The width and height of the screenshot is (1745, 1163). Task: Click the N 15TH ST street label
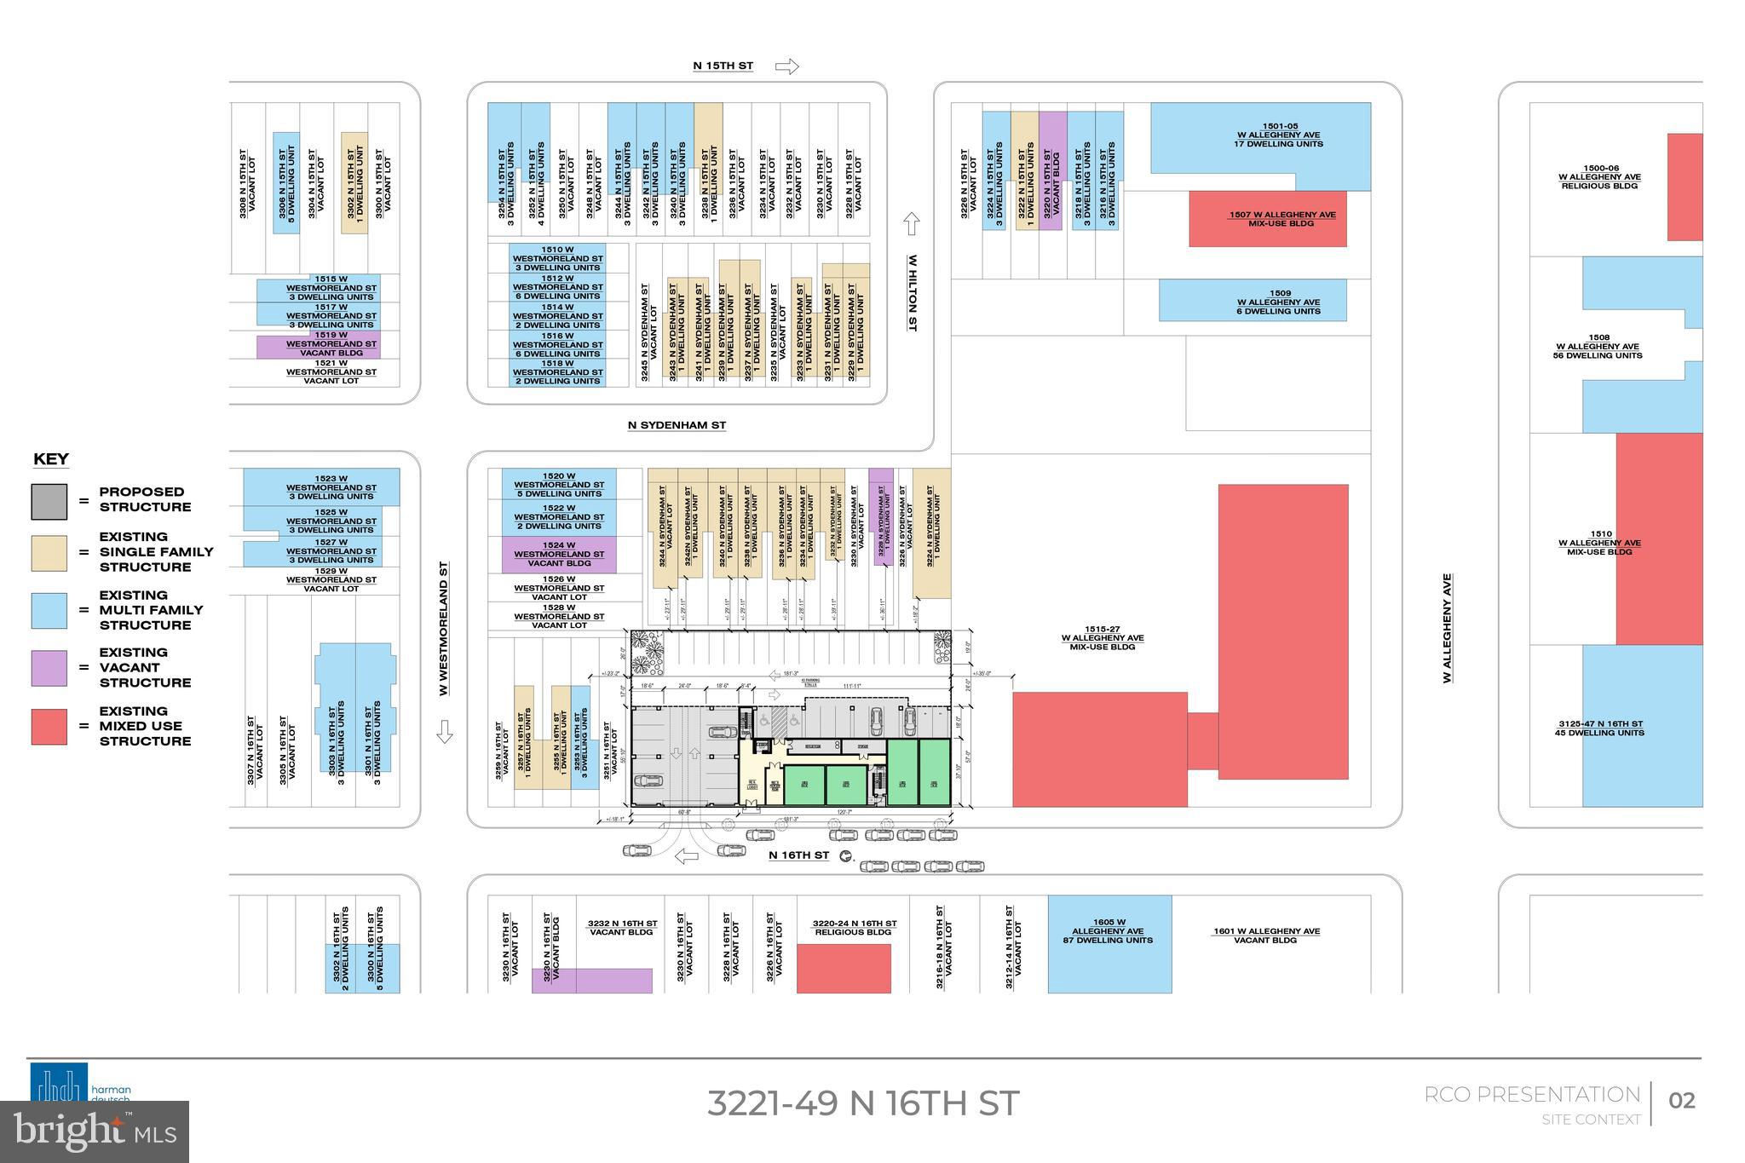(723, 66)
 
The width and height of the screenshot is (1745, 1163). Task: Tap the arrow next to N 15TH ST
(787, 66)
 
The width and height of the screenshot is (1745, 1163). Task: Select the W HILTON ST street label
(912, 292)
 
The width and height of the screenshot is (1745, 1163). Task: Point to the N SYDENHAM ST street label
(677, 425)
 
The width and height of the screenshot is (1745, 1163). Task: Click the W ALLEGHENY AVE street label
(1447, 628)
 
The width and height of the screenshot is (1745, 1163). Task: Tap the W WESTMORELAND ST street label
(444, 628)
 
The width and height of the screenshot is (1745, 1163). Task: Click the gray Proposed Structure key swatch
(49, 501)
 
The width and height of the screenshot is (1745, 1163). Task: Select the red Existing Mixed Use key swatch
(49, 727)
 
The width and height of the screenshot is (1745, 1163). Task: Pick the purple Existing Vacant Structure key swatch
(49, 668)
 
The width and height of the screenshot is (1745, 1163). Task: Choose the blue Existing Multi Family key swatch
(49, 611)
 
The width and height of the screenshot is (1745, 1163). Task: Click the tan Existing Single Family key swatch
(49, 553)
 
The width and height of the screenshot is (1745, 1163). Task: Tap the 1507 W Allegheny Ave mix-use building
(1267, 219)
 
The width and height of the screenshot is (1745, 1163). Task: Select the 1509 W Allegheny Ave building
(1253, 301)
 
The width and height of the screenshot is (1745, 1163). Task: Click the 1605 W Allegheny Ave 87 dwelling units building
(1109, 944)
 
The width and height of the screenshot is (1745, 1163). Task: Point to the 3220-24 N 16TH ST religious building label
(854, 928)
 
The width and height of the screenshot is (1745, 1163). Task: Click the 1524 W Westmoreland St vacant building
(558, 555)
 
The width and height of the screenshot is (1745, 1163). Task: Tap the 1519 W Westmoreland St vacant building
(319, 347)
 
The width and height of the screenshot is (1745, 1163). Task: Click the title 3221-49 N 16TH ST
(862, 1103)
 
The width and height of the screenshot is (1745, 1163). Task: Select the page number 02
(1681, 1101)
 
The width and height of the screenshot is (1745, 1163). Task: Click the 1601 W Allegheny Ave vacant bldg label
(1265, 936)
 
